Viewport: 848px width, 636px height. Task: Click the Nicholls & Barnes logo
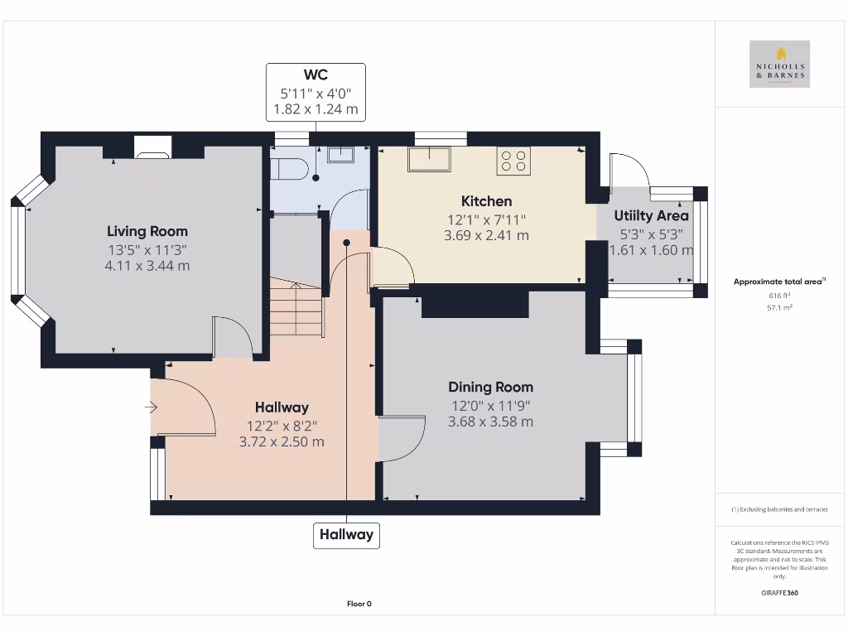[779, 64]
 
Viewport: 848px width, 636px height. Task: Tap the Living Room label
[147, 231]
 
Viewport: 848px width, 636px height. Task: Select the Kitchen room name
[486, 200]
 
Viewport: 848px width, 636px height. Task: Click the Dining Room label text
[490, 387]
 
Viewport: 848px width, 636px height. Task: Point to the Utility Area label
[651, 215]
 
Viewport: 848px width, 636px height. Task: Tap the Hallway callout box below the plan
[347, 534]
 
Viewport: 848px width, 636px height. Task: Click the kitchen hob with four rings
[513, 160]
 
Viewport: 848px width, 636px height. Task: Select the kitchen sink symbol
[429, 159]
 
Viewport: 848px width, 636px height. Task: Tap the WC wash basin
[340, 155]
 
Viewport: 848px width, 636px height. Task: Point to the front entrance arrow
[151, 407]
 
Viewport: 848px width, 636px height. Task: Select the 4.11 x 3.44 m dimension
[147, 266]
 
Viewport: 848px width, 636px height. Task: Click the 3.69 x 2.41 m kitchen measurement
[486, 235]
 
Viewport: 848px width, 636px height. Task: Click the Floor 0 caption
[359, 604]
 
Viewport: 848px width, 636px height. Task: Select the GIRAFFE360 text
[778, 593]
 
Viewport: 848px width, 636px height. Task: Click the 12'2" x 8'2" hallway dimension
[282, 425]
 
